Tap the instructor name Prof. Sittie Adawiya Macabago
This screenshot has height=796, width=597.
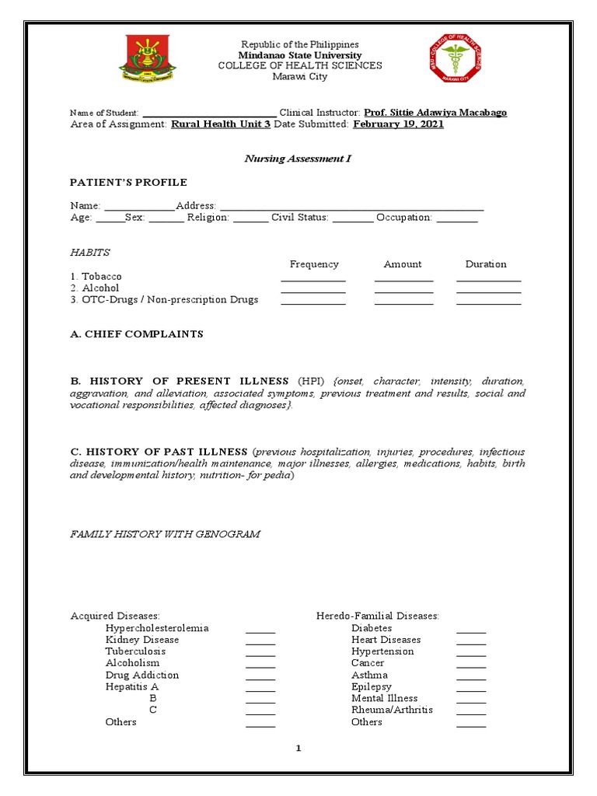[x=435, y=113]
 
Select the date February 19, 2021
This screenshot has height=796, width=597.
[x=398, y=124]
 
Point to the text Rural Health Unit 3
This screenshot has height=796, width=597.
[x=221, y=124]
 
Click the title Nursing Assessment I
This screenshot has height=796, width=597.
[x=298, y=159]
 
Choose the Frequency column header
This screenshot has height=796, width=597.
[x=314, y=264]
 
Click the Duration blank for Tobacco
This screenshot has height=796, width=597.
[x=488, y=280]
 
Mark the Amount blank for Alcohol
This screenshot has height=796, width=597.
[x=403, y=292]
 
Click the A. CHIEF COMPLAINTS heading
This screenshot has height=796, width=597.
[x=137, y=334]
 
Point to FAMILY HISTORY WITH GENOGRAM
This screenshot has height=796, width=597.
[x=166, y=534]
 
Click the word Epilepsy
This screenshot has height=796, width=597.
[x=372, y=687]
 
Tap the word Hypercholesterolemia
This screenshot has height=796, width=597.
[x=157, y=628]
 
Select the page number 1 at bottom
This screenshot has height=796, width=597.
[x=298, y=749]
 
